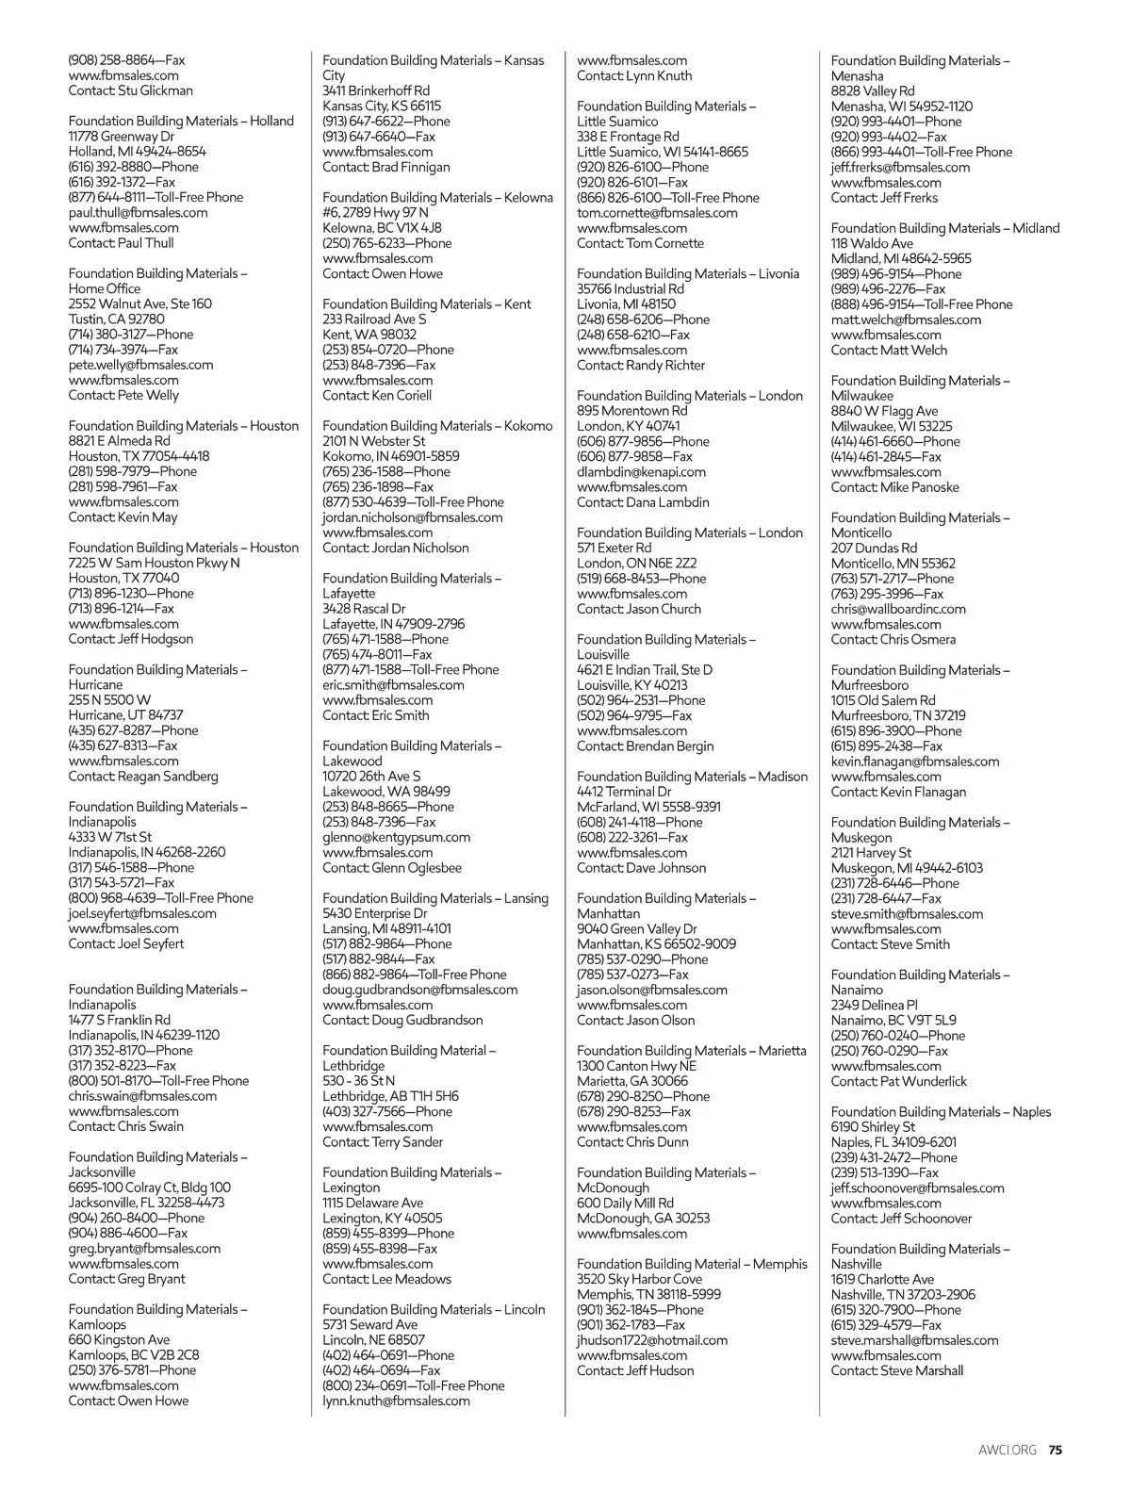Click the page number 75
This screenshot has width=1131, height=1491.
point(1056,1450)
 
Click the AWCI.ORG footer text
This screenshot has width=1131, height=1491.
point(1007,1450)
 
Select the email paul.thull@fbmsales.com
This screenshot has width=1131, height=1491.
point(138,212)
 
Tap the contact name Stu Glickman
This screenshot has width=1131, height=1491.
point(155,90)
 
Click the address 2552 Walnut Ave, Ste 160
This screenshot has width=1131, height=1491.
point(139,303)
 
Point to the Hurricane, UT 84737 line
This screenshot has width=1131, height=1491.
point(125,715)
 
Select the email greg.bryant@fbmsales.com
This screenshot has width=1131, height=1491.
point(144,1248)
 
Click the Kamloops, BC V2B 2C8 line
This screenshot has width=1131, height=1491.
point(133,1354)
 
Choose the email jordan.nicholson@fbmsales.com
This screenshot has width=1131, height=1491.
point(412,517)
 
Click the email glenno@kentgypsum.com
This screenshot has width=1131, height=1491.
point(396,837)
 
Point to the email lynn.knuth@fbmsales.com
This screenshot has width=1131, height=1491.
point(396,1401)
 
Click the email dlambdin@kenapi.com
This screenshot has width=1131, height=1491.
point(641,471)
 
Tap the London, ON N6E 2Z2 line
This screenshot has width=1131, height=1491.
point(637,563)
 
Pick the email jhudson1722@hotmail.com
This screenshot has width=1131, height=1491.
point(652,1339)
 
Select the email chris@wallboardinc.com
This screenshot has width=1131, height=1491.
point(898,609)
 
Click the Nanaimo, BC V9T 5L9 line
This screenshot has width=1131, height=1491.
point(893,1020)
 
